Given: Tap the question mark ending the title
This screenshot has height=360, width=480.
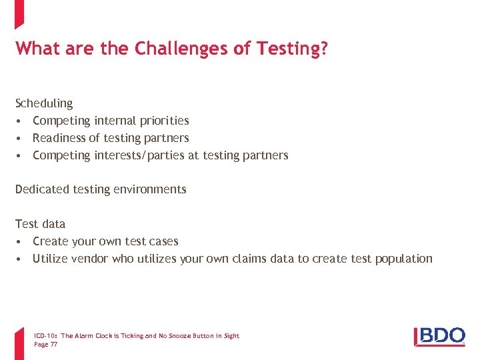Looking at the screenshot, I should (324, 49).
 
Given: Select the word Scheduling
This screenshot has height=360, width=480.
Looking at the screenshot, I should (44, 103).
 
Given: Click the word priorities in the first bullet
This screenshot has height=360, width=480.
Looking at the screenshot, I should (164, 121).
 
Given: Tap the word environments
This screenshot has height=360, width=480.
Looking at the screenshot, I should (150, 189).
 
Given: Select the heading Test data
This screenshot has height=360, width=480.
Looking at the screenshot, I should (40, 224).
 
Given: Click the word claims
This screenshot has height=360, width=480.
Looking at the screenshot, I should (250, 259).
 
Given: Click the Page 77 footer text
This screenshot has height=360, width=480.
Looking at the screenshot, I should (45, 345).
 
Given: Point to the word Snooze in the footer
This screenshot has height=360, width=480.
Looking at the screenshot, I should (185, 336).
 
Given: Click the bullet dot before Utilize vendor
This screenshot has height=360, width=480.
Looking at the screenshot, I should (21, 259).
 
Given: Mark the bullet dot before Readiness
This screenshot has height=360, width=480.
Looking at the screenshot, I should (21, 138).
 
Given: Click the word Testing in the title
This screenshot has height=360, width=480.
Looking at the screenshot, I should (291, 49).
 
